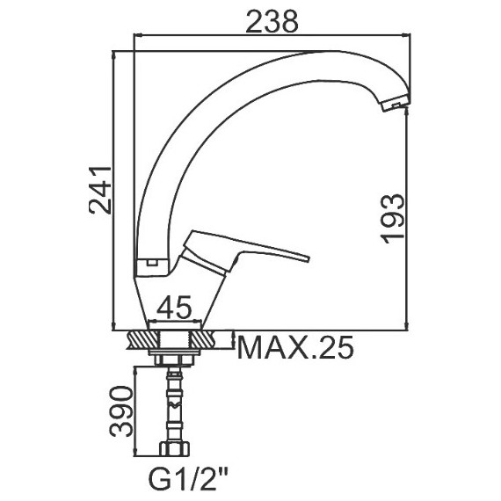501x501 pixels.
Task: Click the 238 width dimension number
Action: point(272,21)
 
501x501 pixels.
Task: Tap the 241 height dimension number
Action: point(100,190)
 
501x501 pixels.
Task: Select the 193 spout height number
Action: point(392,219)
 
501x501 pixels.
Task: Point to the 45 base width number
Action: point(174,307)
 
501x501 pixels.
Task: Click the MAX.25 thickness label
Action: point(296,347)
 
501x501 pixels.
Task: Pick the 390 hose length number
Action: point(120,411)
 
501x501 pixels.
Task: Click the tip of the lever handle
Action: point(309,258)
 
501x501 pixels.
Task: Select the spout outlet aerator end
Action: point(396,103)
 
